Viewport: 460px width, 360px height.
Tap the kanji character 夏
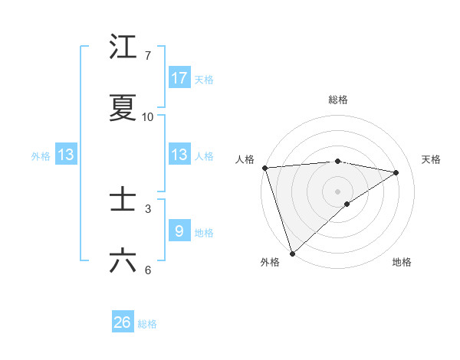(x=123, y=108)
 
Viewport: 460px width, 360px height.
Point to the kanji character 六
(x=123, y=260)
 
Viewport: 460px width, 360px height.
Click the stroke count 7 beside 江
(x=147, y=56)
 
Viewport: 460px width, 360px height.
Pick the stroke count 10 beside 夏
(x=147, y=116)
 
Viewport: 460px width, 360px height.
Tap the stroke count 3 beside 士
(x=147, y=208)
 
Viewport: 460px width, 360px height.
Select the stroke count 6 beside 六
(x=147, y=270)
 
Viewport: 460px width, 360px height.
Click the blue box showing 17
(x=179, y=78)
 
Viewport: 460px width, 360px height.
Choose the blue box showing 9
(x=179, y=231)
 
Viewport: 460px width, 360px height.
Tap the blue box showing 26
(x=123, y=322)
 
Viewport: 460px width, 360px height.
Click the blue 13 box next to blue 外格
(x=66, y=155)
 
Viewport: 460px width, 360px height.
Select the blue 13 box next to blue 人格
(x=179, y=155)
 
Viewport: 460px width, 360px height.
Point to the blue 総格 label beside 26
(x=147, y=324)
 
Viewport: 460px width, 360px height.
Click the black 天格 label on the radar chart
(x=432, y=159)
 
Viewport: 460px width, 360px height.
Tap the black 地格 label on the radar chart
(x=402, y=262)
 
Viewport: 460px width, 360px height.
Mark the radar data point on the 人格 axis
(x=264, y=168)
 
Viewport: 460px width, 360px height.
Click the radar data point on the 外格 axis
(x=292, y=253)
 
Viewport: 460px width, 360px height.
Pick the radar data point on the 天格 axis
(x=396, y=172)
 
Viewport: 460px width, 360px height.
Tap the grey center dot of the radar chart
(x=337, y=191)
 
